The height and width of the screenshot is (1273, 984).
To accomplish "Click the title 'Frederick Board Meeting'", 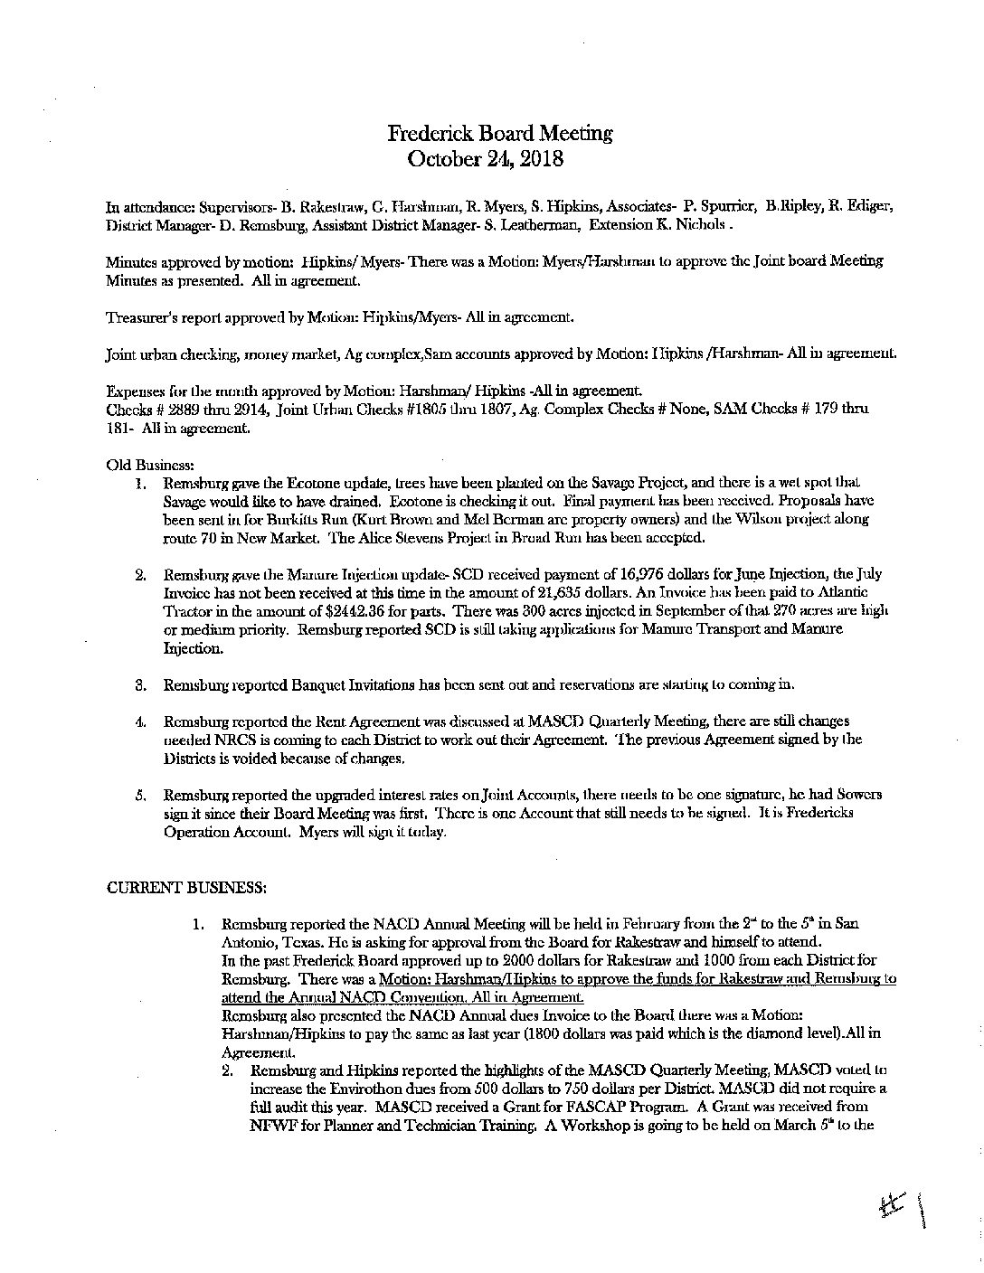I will [500, 134].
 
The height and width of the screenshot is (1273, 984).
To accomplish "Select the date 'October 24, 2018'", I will [486, 159].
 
